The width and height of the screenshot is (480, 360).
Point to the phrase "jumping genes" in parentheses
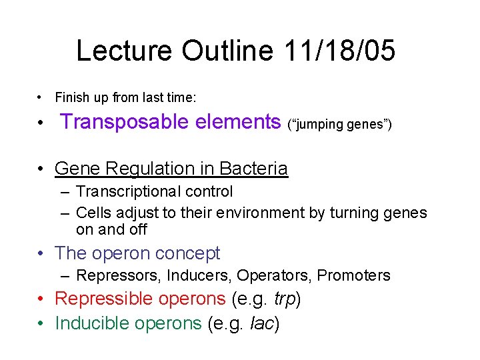[x=339, y=124]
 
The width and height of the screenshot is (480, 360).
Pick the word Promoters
[x=353, y=275]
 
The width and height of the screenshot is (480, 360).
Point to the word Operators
[x=273, y=275]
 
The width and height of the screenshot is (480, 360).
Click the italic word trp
[x=284, y=299]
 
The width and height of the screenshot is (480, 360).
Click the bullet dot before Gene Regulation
[x=42, y=169]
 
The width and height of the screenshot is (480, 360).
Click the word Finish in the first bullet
[x=69, y=98]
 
